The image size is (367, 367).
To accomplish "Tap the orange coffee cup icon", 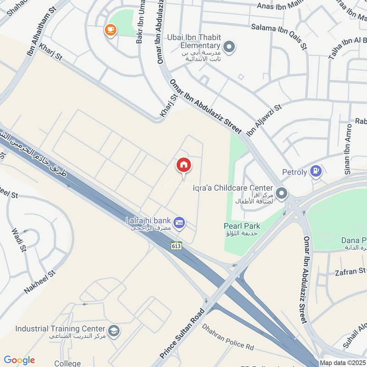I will (x=111, y=30).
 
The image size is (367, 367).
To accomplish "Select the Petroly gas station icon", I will (x=316, y=172).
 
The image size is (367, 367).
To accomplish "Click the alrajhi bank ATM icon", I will (x=180, y=222).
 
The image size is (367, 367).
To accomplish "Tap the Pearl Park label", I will (x=242, y=226).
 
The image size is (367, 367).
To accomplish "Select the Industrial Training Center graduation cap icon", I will (x=113, y=330).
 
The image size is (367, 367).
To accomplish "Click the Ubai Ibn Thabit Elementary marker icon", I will (x=229, y=46).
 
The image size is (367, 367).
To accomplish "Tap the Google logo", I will (x=19, y=360).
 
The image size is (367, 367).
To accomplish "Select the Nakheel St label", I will (x=39, y=282).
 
